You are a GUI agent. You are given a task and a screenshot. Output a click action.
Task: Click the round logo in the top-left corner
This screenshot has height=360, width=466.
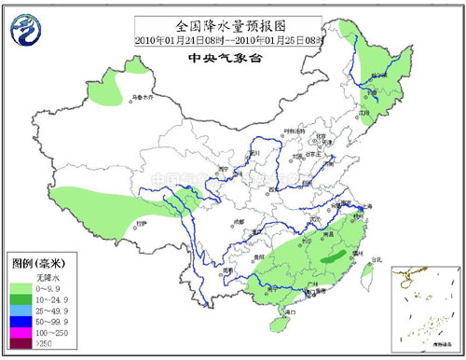pos(23,30)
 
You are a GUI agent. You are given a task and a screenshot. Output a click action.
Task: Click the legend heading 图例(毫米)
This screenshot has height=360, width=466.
pos(37,264)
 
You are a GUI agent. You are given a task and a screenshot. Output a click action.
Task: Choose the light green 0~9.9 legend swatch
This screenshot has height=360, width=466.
pos(21,287)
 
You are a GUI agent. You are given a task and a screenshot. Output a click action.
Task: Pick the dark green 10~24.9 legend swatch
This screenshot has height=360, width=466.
pos(21,298)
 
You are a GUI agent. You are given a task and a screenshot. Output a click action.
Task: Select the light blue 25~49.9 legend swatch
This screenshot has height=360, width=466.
pos(21,310)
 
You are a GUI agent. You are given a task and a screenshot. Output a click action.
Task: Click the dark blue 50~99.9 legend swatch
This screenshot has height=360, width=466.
pos(21,321)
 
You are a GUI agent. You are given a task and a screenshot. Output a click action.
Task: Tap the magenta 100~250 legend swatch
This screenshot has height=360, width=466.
pos(21,332)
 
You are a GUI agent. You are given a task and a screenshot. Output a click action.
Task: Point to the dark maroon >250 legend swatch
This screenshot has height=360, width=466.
pos(21,343)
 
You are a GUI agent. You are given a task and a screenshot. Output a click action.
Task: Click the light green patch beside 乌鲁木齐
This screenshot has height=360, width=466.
pos(110,89)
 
